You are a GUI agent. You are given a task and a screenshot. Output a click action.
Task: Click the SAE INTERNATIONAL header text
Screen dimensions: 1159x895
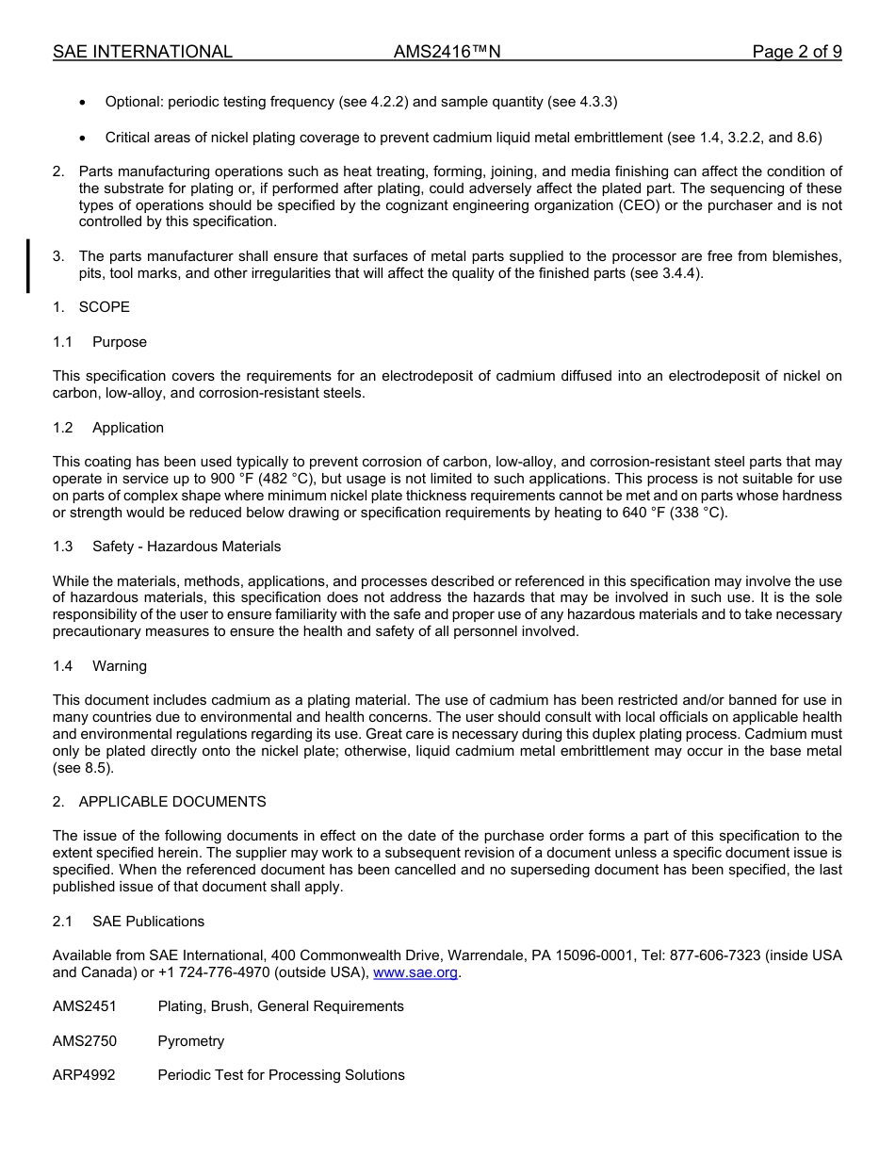click(142, 52)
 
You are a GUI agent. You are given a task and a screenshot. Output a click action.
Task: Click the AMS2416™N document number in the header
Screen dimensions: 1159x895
click(447, 52)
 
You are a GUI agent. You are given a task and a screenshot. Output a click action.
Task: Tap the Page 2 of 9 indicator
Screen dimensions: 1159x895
click(796, 52)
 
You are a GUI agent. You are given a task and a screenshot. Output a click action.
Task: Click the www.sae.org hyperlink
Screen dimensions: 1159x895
click(416, 972)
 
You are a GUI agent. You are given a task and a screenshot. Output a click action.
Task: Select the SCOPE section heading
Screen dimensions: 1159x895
click(104, 307)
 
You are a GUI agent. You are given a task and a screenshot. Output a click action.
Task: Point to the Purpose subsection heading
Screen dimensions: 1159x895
click(119, 342)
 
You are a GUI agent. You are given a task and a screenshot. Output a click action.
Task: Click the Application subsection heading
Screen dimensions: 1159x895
click(127, 428)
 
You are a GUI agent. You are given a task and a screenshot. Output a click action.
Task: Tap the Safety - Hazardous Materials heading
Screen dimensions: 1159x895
click(186, 547)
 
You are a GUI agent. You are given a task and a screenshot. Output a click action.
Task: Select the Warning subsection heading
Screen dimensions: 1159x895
click(119, 666)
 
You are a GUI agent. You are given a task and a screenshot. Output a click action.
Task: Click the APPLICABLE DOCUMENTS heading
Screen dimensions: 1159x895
click(171, 802)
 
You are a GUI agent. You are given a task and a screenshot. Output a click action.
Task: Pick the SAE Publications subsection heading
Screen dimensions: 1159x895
click(148, 922)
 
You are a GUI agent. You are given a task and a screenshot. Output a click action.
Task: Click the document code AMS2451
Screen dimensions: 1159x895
click(85, 1006)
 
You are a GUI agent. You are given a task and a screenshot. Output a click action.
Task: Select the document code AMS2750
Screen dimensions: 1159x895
click(85, 1041)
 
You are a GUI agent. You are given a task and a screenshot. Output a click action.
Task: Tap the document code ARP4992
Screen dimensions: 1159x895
click(84, 1075)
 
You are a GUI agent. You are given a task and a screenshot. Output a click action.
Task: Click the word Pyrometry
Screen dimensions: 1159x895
click(191, 1041)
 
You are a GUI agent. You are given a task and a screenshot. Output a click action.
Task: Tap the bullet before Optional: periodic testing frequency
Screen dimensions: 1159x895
click(85, 102)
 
